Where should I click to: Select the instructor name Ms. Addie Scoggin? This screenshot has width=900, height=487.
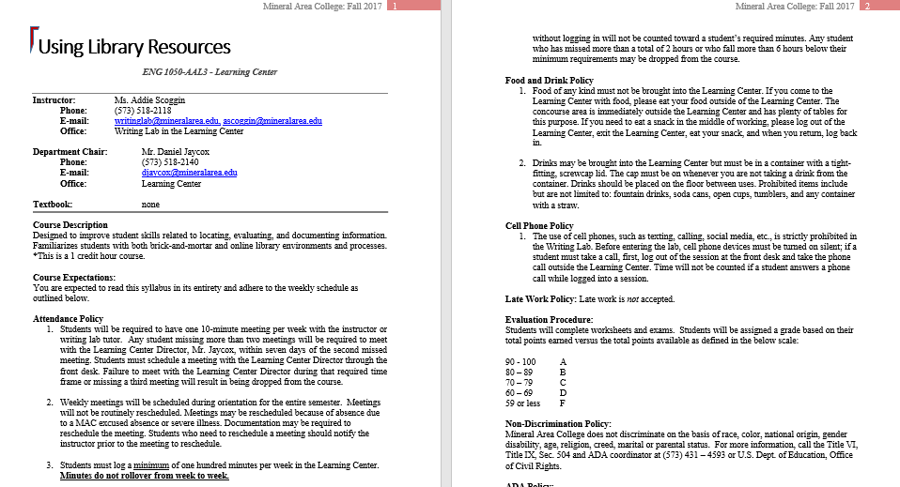[x=148, y=99]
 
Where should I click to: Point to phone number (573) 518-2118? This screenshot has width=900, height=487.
[x=143, y=110]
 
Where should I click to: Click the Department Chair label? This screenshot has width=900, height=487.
[x=70, y=151]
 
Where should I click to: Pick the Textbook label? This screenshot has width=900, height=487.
[x=53, y=204]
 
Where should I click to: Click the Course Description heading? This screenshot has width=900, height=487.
[x=70, y=225]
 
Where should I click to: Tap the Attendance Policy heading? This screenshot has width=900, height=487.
[x=68, y=319]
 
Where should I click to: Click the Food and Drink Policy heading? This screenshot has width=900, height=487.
[x=550, y=81]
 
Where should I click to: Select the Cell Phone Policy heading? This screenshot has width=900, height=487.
[x=539, y=225]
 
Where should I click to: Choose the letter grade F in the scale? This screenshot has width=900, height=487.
[x=562, y=403]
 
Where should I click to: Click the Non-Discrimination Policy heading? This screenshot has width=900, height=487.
[x=558, y=424]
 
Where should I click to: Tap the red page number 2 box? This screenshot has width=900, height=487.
[x=868, y=7]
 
